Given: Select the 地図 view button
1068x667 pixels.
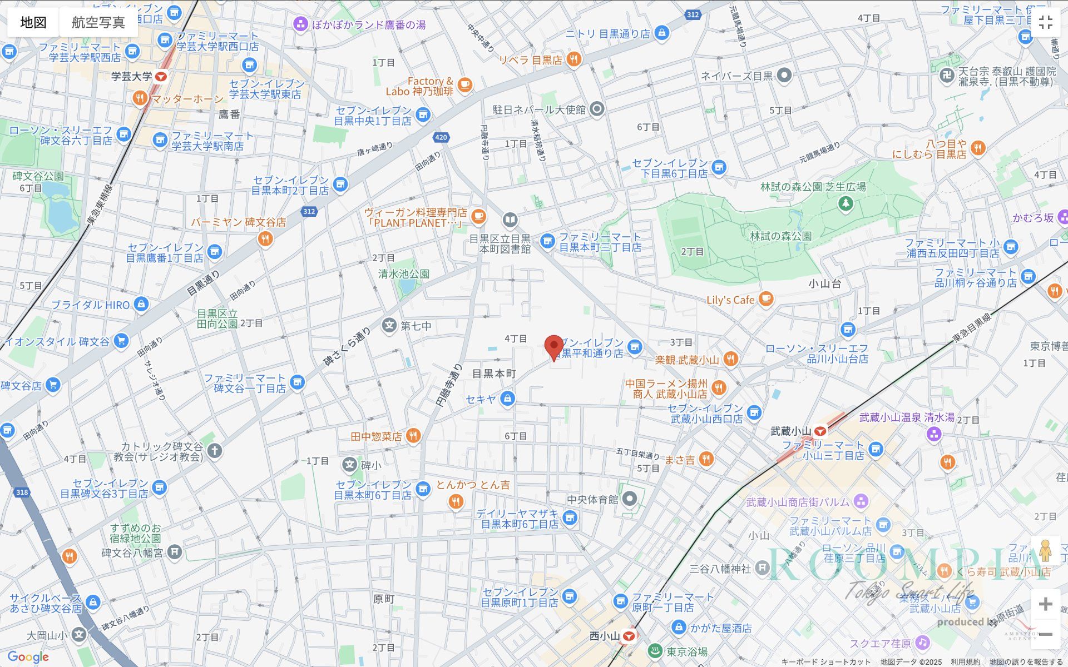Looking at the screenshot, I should (33, 22).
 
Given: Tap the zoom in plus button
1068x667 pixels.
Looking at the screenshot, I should (1045, 604).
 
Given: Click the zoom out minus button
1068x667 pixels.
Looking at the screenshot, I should (1045, 634).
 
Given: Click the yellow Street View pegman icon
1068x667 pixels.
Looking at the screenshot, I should (1045, 551).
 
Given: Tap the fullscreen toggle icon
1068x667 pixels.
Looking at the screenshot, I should (1045, 22).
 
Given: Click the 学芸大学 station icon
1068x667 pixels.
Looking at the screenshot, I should (161, 77).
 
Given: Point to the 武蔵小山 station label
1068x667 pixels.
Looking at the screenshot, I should (790, 431).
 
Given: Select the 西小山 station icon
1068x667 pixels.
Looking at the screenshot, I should (629, 636).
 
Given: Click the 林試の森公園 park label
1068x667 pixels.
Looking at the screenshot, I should (780, 236).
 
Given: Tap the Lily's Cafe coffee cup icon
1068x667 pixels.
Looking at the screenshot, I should (766, 299).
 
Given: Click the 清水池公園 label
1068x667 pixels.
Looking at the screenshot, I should (404, 274).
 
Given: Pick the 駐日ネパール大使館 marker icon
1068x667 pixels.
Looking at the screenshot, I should (597, 109).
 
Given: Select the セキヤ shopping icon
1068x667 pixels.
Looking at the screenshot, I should (507, 399).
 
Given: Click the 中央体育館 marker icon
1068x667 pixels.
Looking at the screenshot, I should (629, 499).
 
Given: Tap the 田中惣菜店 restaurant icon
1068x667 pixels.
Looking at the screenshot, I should (413, 436).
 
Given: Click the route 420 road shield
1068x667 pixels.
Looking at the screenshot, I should (441, 137).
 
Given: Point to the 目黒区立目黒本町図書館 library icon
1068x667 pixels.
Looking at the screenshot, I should (510, 220).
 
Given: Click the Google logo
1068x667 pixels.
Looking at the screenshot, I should (28, 657).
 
